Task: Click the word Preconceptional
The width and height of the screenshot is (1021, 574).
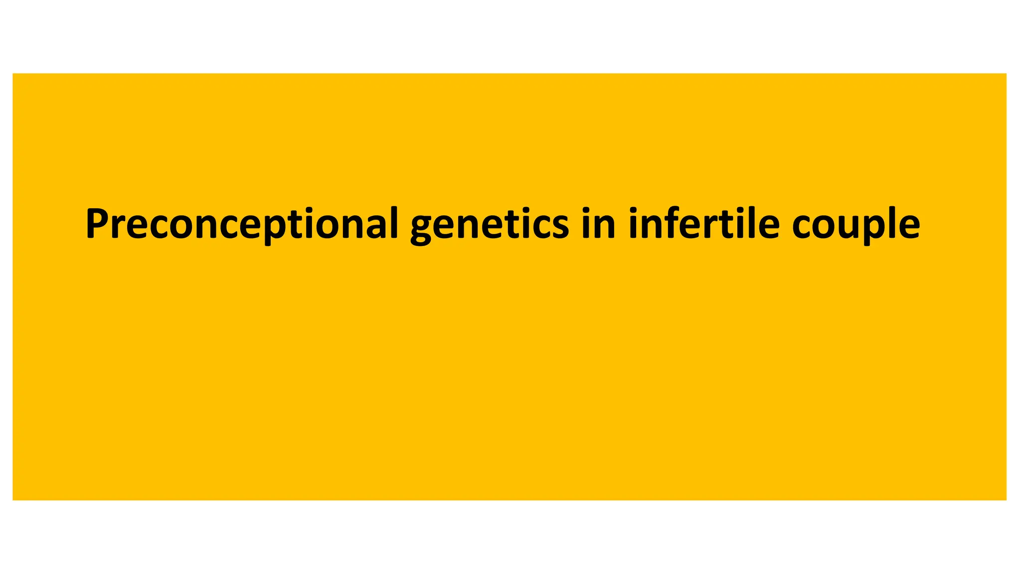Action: (x=242, y=224)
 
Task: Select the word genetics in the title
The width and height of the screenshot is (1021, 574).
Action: (x=489, y=224)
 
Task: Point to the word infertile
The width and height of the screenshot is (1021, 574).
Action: (x=704, y=224)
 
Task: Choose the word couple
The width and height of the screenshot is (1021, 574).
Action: (x=855, y=224)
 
